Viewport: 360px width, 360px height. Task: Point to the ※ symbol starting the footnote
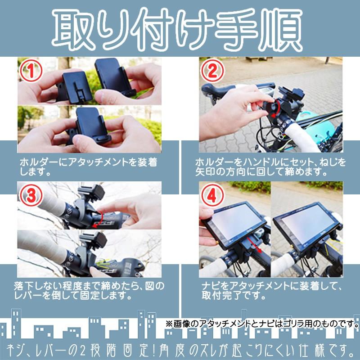(x=170, y=324)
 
